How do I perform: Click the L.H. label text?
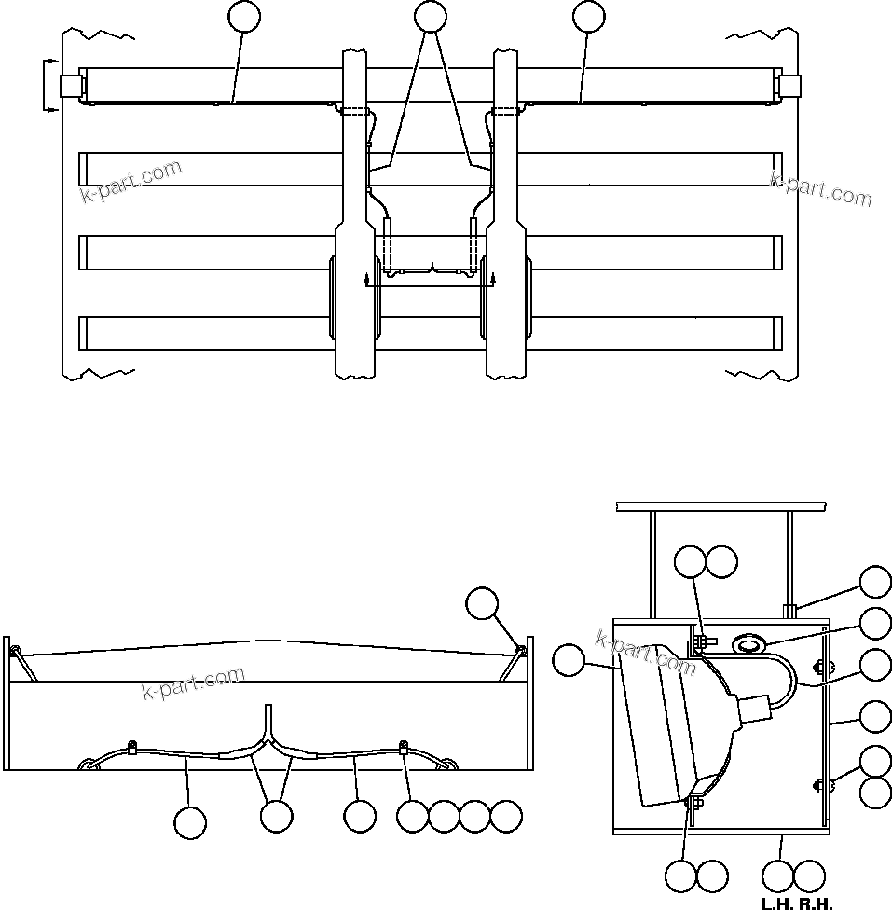pyautogui.click(x=778, y=903)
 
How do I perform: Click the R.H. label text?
pyautogui.click(x=816, y=903)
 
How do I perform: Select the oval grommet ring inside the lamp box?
pyautogui.click(x=749, y=642)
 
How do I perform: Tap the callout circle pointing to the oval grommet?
pyautogui.click(x=874, y=623)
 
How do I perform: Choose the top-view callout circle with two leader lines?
pyautogui.click(x=430, y=16)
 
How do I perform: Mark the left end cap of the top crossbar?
pyautogui.click(x=70, y=86)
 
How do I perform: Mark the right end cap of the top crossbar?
pyautogui.click(x=789, y=86)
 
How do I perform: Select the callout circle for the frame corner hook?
pyautogui.click(x=482, y=604)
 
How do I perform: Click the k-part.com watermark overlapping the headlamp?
pyautogui.click(x=645, y=653)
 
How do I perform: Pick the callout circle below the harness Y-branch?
pyautogui.click(x=276, y=816)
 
